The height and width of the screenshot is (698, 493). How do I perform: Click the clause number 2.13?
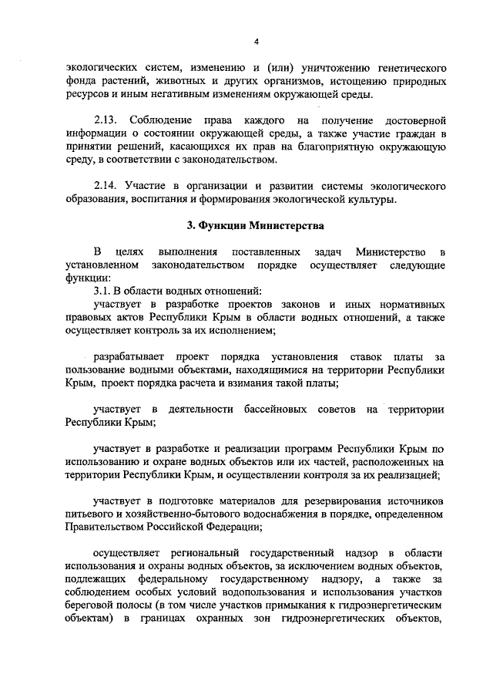click(107, 121)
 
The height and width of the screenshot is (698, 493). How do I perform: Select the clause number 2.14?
click(107, 187)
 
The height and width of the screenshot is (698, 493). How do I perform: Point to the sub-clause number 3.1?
click(103, 291)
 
